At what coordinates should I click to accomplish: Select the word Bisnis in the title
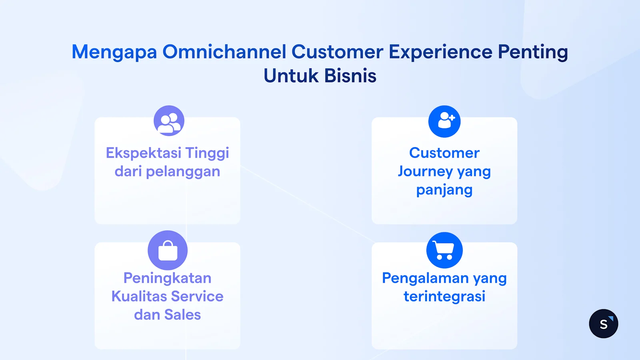point(350,76)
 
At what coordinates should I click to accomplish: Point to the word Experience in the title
point(440,52)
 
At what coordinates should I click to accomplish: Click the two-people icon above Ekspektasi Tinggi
point(169,121)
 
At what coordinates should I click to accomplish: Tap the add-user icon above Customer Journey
point(444,121)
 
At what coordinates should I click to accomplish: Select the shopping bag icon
point(168,250)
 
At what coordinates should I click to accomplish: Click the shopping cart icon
point(444,250)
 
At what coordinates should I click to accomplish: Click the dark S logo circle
point(603,324)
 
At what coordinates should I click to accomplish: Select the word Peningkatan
point(167,278)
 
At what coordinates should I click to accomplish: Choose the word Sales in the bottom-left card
point(182,315)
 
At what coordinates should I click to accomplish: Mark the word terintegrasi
point(444,296)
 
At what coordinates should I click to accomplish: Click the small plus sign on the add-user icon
point(452,118)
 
